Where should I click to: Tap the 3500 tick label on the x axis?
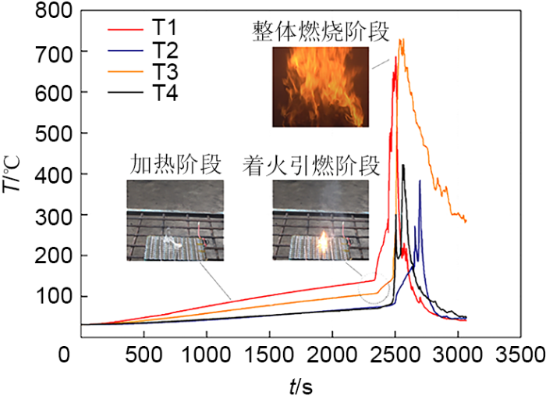521,353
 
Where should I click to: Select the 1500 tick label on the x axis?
270,353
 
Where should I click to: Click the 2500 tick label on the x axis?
395,353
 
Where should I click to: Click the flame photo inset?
321,86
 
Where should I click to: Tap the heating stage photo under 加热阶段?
175,220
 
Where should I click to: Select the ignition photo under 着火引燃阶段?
321,220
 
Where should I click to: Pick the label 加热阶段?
175,165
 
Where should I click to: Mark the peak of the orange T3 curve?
402,39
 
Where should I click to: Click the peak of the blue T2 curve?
420,180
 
